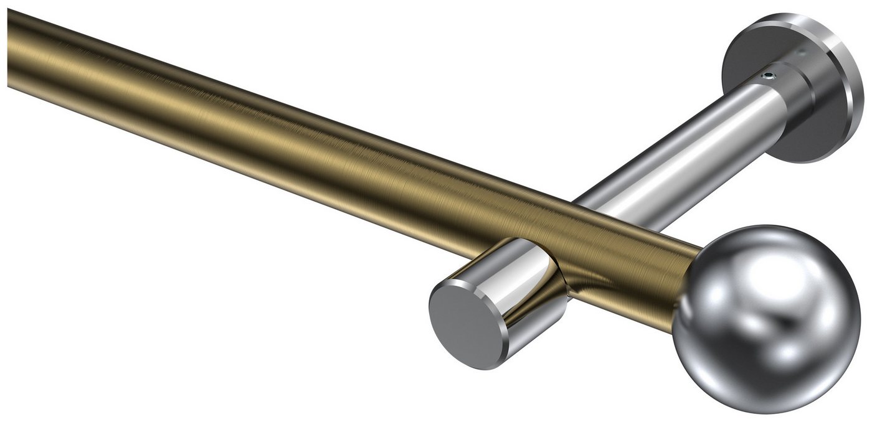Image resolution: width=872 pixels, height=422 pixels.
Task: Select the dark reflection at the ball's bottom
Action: coord(766,392)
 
